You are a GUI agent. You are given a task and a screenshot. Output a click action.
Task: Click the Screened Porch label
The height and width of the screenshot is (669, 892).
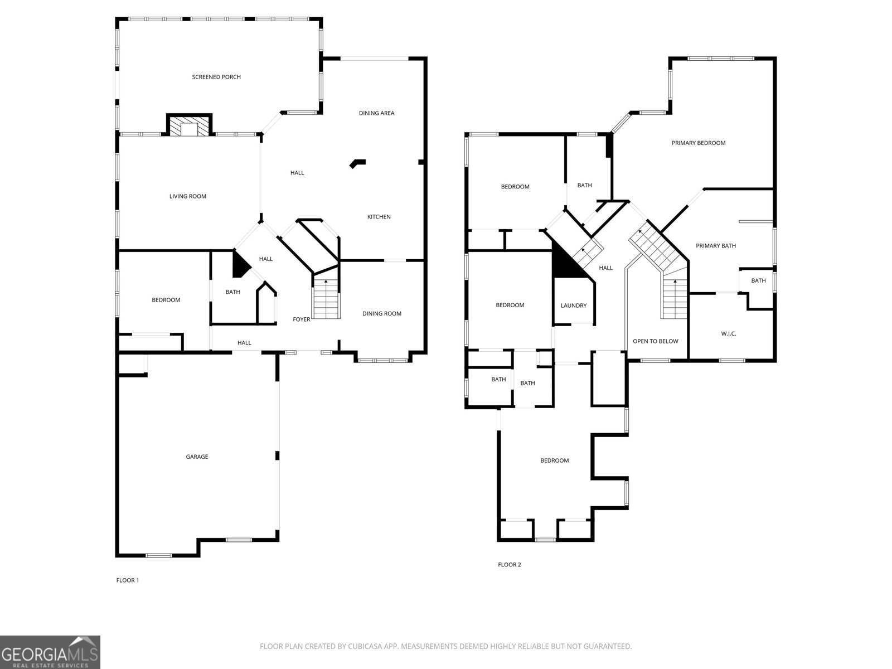click(216, 77)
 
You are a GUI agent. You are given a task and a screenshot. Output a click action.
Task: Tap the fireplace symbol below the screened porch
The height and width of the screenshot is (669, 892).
click(190, 126)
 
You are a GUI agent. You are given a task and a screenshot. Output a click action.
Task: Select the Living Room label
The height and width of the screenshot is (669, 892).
click(188, 196)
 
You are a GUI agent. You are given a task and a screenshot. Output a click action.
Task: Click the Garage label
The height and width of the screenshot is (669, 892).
click(197, 457)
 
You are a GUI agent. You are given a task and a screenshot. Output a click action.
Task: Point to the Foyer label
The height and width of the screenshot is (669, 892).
click(302, 319)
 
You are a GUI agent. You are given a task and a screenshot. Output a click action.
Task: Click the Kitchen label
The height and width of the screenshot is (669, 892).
click(379, 217)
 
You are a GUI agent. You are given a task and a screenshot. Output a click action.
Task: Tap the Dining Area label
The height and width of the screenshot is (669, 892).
click(376, 113)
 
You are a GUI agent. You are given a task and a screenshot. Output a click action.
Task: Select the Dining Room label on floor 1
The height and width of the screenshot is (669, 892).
click(382, 313)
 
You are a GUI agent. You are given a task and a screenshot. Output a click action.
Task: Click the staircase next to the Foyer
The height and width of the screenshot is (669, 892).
click(326, 301)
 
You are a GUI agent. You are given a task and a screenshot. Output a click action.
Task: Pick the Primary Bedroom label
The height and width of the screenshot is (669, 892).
click(699, 143)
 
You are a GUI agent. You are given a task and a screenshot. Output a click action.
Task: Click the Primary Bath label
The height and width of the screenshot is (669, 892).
click(716, 246)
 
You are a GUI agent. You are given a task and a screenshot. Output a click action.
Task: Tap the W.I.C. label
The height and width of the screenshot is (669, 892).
click(729, 334)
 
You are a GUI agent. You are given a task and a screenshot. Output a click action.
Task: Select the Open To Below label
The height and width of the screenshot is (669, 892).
click(656, 341)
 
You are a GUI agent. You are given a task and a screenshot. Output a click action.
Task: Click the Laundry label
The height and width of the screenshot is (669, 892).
click(574, 306)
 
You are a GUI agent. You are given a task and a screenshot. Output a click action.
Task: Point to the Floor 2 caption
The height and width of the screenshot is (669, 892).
click(510, 565)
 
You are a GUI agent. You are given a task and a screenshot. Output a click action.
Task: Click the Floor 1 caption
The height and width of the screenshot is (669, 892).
click(128, 580)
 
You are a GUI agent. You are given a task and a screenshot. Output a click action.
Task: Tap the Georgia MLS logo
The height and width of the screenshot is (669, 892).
click(50, 652)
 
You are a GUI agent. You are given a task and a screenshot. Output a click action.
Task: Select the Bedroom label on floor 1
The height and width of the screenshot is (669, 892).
click(166, 300)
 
